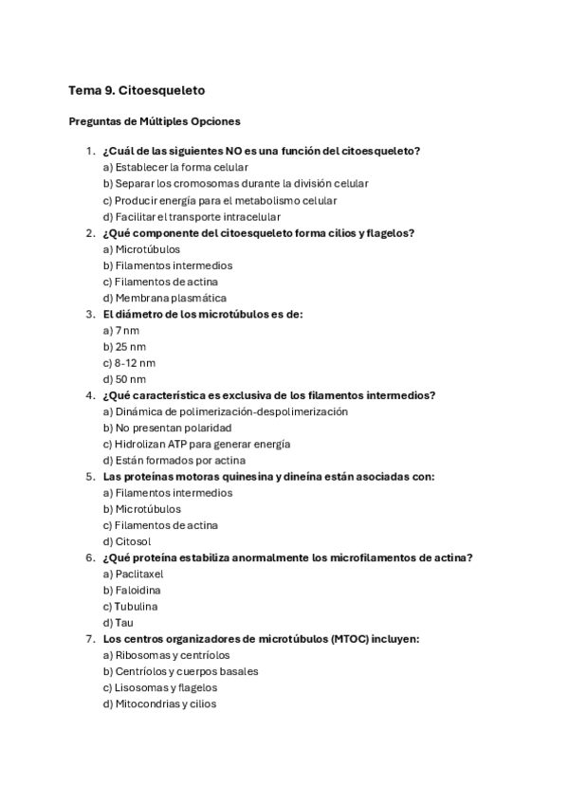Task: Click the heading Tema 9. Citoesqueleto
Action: coord(137,90)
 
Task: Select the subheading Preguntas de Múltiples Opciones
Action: coord(155,121)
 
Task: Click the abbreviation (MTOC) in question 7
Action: coord(352,639)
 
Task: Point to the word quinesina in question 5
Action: coord(238,477)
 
